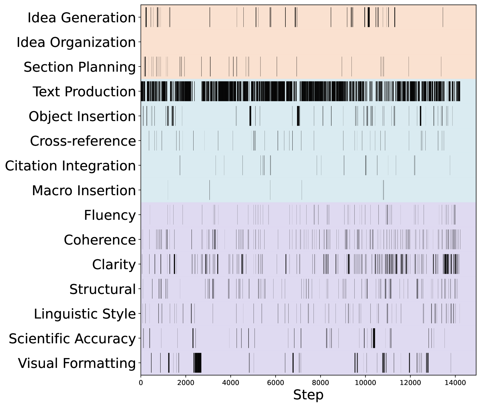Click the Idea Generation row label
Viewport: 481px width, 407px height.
tap(81, 18)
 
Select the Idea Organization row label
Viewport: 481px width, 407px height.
tap(76, 42)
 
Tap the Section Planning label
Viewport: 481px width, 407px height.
tap(80, 67)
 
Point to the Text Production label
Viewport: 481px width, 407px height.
tap(84, 92)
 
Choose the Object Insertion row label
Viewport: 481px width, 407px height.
tap(82, 116)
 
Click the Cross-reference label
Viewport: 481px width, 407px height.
tap(83, 141)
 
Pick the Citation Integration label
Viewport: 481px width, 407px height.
tap(70, 166)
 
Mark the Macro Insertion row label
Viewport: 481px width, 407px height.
tap(84, 190)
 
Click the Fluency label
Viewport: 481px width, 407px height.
tap(110, 215)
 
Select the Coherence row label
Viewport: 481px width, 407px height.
tap(100, 240)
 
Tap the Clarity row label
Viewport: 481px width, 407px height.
tap(114, 265)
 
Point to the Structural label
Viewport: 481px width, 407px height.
tap(103, 289)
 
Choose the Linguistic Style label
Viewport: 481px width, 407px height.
tap(85, 314)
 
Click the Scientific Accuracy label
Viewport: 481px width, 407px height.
tap(72, 339)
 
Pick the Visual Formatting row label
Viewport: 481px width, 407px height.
tap(77, 363)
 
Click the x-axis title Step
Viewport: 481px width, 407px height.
tap(308, 395)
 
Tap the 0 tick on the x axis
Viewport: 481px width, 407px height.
tap(141, 383)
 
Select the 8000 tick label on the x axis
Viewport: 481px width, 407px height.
tap(320, 383)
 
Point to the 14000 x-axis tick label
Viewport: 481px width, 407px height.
tap(455, 383)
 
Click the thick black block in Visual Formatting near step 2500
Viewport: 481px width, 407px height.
tap(198, 363)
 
